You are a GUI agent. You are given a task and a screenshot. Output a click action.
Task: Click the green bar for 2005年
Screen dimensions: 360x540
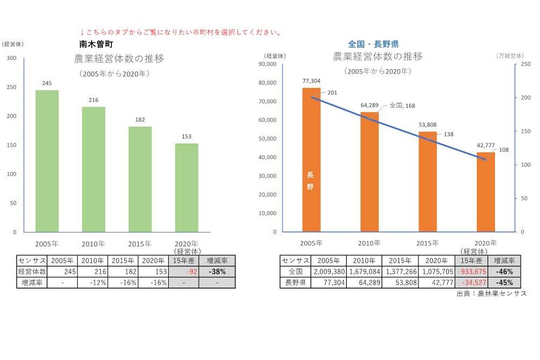[47, 161]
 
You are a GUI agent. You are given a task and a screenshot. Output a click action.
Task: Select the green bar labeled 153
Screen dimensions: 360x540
[186, 187]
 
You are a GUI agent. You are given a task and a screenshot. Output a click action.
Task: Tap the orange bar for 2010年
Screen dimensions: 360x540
[369, 172]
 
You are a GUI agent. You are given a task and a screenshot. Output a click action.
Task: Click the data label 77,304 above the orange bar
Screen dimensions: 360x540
[311, 81]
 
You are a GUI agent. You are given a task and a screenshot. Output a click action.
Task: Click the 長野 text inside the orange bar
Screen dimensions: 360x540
[311, 181]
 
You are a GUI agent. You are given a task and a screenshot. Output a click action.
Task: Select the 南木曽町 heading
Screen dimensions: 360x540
[95, 44]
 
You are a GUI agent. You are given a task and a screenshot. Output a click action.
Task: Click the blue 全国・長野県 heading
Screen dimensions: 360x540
[373, 44]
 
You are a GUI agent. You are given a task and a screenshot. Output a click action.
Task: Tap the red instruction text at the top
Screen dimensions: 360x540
[181, 32]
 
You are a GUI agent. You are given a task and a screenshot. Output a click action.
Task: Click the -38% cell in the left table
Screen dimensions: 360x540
[217, 272]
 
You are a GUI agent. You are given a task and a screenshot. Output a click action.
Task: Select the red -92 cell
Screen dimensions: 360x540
[183, 272]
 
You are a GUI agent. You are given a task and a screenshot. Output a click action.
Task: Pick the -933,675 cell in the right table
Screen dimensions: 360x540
[471, 272]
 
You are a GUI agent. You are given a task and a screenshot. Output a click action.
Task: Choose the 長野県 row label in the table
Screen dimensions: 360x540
[295, 282]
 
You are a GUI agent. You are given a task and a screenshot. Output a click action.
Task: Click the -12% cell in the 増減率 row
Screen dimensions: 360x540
[92, 282]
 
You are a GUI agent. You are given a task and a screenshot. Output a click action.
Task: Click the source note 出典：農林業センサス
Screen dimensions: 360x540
[491, 294]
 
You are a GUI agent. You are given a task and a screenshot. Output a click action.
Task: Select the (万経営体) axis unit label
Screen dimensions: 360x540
[509, 55]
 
